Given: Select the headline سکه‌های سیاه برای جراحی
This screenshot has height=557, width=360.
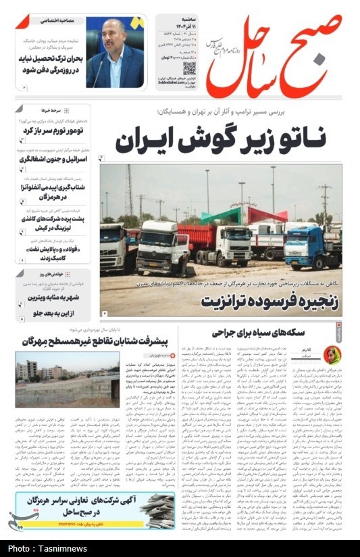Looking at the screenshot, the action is [249, 332].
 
